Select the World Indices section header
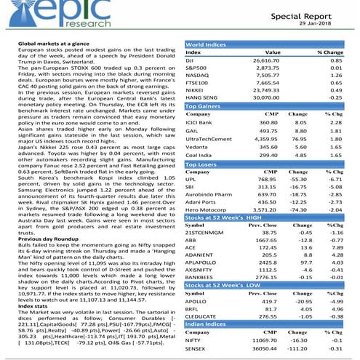point(207,44)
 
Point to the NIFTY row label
point(195,339)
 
